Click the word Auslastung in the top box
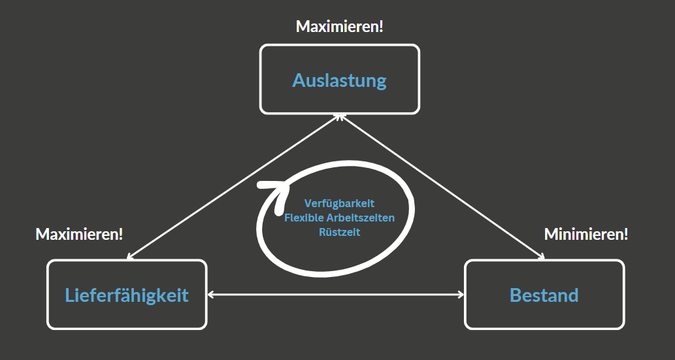click(339, 80)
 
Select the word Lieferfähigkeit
click(127, 295)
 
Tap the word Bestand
click(544, 295)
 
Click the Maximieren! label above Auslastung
click(339, 27)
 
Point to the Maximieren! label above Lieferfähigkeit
click(79, 234)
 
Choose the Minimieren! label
click(585, 234)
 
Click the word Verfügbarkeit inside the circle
click(339, 204)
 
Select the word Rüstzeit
click(339, 231)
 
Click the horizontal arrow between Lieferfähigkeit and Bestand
click(335, 295)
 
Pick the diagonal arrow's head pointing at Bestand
click(541, 256)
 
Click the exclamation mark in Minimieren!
click(625, 234)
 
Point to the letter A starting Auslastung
click(298, 80)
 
